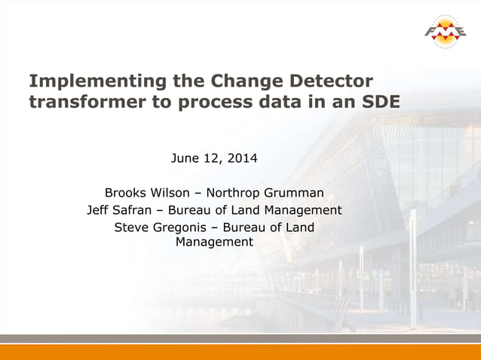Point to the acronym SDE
(x=378, y=102)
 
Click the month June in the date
(x=185, y=159)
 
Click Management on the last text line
(x=214, y=243)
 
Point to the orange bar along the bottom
(x=240, y=351)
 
